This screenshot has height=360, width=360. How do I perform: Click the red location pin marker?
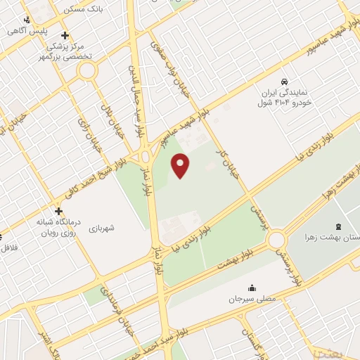[x=181, y=165]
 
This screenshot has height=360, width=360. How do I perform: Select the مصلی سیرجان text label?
[x=251, y=299]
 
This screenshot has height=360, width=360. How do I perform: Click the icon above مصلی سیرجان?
[x=251, y=288]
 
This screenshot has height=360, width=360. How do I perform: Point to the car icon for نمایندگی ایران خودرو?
[x=284, y=82]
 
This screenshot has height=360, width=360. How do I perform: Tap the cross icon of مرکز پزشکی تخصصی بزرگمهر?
[x=65, y=35]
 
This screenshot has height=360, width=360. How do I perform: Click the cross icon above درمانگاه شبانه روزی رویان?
[x=58, y=210]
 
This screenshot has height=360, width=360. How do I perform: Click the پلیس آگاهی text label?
[x=33, y=32]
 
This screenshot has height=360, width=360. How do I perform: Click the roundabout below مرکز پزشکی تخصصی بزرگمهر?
[x=87, y=70]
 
